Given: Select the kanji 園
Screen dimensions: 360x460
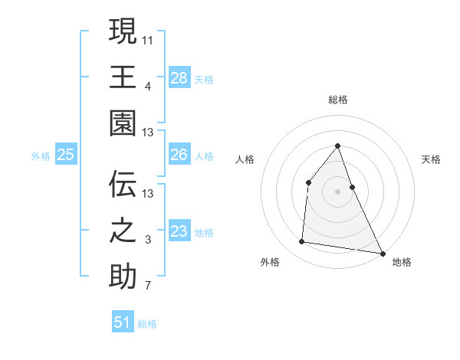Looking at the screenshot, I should pos(123,122).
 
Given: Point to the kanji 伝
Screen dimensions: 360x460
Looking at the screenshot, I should pos(123,184).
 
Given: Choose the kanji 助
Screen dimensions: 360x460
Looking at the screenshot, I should pos(123,277).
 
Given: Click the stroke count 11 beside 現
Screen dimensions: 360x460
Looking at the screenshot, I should pos(147,39).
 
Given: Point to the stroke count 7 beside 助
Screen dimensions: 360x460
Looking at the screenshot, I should pos(147,287).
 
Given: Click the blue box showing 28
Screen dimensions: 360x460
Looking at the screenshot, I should pos(179,77).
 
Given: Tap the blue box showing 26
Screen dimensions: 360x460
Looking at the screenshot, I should pos(179,155).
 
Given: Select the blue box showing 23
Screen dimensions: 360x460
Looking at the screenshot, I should pos(179,232).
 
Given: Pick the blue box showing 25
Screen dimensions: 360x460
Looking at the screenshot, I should pos(65,155).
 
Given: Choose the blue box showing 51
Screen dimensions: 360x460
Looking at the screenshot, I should pos(123,322).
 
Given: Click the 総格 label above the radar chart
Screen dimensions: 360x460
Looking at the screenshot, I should pos(338,100).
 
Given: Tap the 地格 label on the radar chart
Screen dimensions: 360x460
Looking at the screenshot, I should pos(402,262).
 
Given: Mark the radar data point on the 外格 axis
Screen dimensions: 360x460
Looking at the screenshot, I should pos(302,242).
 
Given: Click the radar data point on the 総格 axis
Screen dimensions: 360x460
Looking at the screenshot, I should pos(338,146).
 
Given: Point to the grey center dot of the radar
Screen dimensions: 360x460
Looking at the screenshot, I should pos(338,191).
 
